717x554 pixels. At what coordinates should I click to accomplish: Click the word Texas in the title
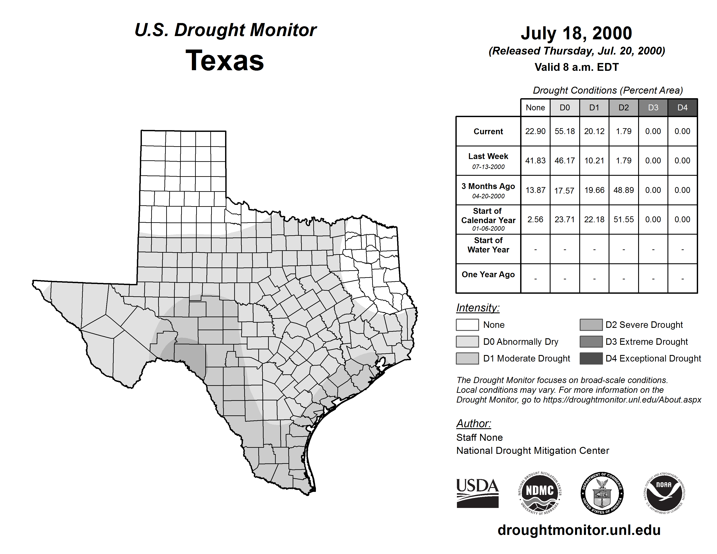click(x=225, y=61)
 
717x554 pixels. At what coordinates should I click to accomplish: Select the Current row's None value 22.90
click(x=535, y=131)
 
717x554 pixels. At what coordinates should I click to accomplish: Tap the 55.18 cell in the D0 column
click(x=565, y=131)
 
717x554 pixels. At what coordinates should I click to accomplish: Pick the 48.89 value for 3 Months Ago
click(x=623, y=190)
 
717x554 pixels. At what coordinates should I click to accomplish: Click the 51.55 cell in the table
click(x=623, y=219)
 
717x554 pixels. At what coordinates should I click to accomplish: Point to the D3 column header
click(x=653, y=108)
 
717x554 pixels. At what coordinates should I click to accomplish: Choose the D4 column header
click(x=682, y=108)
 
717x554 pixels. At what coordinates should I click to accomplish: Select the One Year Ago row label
click(x=488, y=274)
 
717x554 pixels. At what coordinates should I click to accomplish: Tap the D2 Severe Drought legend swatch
click(x=591, y=325)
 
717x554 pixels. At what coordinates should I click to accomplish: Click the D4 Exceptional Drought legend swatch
click(x=591, y=358)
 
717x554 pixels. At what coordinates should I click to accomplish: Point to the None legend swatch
click(x=467, y=325)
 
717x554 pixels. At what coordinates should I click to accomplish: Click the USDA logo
click(x=477, y=493)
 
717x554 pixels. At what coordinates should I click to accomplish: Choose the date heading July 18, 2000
click(x=576, y=33)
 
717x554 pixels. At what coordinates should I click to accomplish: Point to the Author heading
click(x=473, y=423)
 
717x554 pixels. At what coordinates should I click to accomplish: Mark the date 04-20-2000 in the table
click(x=488, y=196)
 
